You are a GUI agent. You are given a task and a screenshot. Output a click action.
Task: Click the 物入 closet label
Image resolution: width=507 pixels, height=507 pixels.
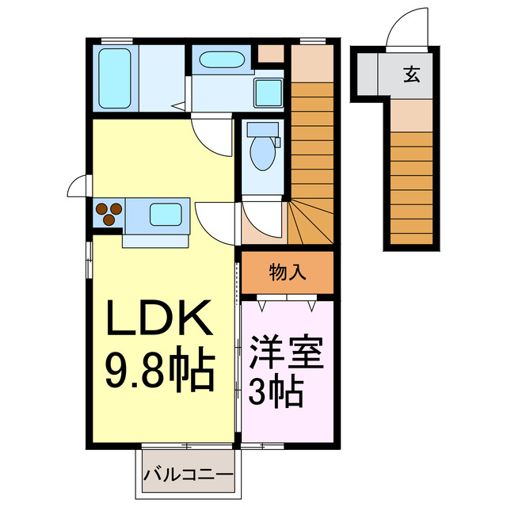pyautogui.click(x=288, y=273)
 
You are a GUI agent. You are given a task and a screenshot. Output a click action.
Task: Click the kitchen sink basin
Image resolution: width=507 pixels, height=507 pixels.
pyautogui.click(x=166, y=214)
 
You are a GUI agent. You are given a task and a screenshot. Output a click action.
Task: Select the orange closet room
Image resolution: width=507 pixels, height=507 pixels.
pyautogui.click(x=288, y=273)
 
